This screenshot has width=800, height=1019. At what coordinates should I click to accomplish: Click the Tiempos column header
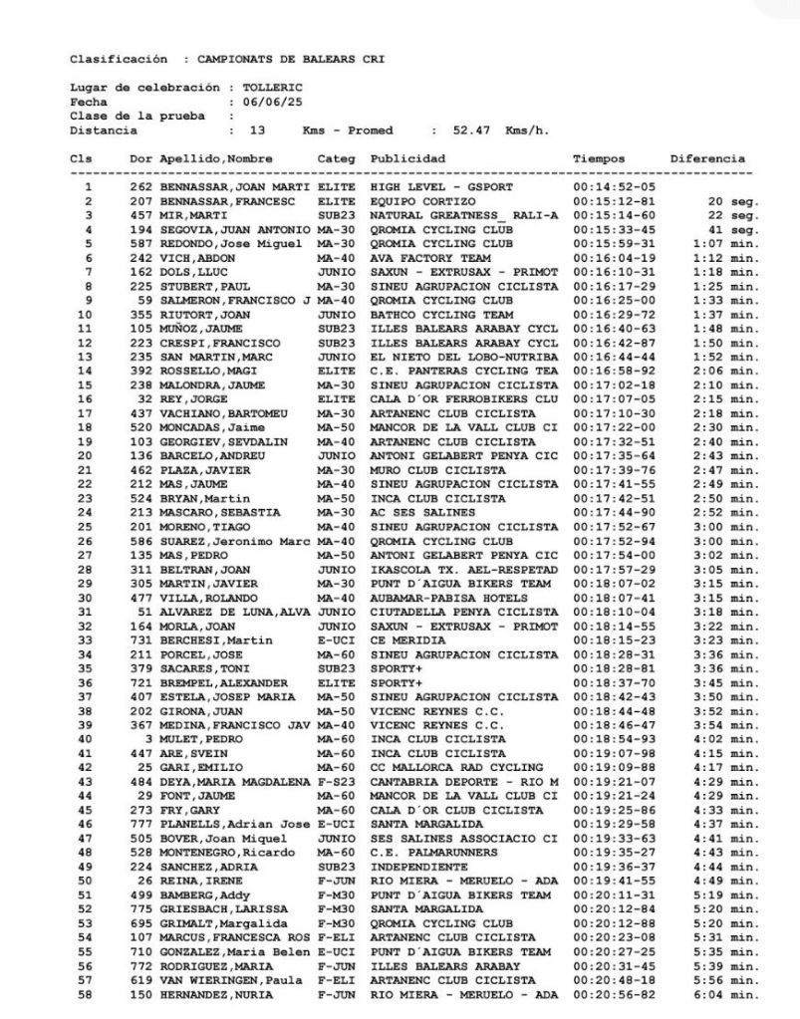coord(599,159)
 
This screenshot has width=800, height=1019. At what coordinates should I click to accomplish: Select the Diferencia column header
coord(707,159)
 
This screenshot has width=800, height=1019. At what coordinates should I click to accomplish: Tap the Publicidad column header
coord(407,159)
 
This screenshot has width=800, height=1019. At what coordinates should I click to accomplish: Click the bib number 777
coord(140,824)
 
